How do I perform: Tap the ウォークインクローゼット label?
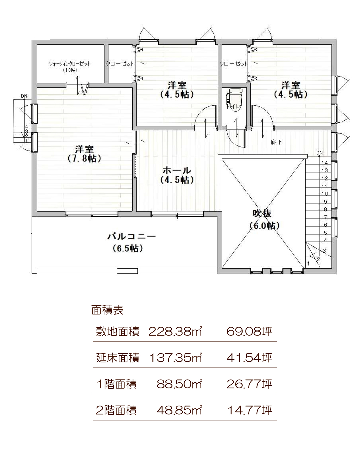(x=70, y=64)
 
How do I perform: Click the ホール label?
(x=177, y=171)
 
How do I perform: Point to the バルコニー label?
(x=131, y=237)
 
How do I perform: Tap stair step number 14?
(x=325, y=163)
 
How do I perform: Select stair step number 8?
(x=325, y=210)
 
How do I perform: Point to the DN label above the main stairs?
(x=319, y=153)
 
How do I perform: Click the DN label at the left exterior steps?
(x=24, y=96)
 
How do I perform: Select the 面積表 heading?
(x=107, y=310)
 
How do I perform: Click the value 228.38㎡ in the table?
(x=175, y=331)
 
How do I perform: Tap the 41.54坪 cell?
(x=249, y=358)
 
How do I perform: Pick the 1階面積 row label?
(x=116, y=384)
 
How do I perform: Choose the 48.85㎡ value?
(x=179, y=410)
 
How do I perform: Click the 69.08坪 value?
(x=249, y=331)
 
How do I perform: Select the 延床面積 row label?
(x=117, y=358)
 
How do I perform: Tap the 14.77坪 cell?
(x=250, y=410)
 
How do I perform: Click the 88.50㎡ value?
(x=179, y=384)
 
